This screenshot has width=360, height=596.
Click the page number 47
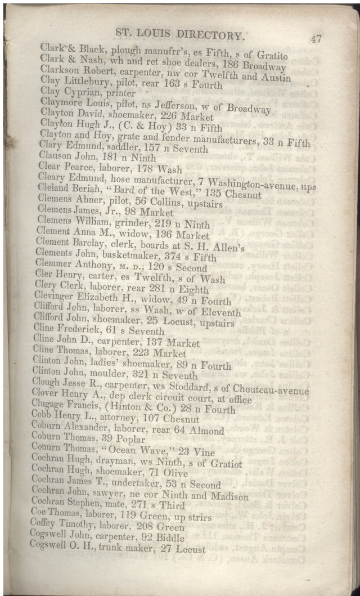pyautogui.click(x=315, y=39)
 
